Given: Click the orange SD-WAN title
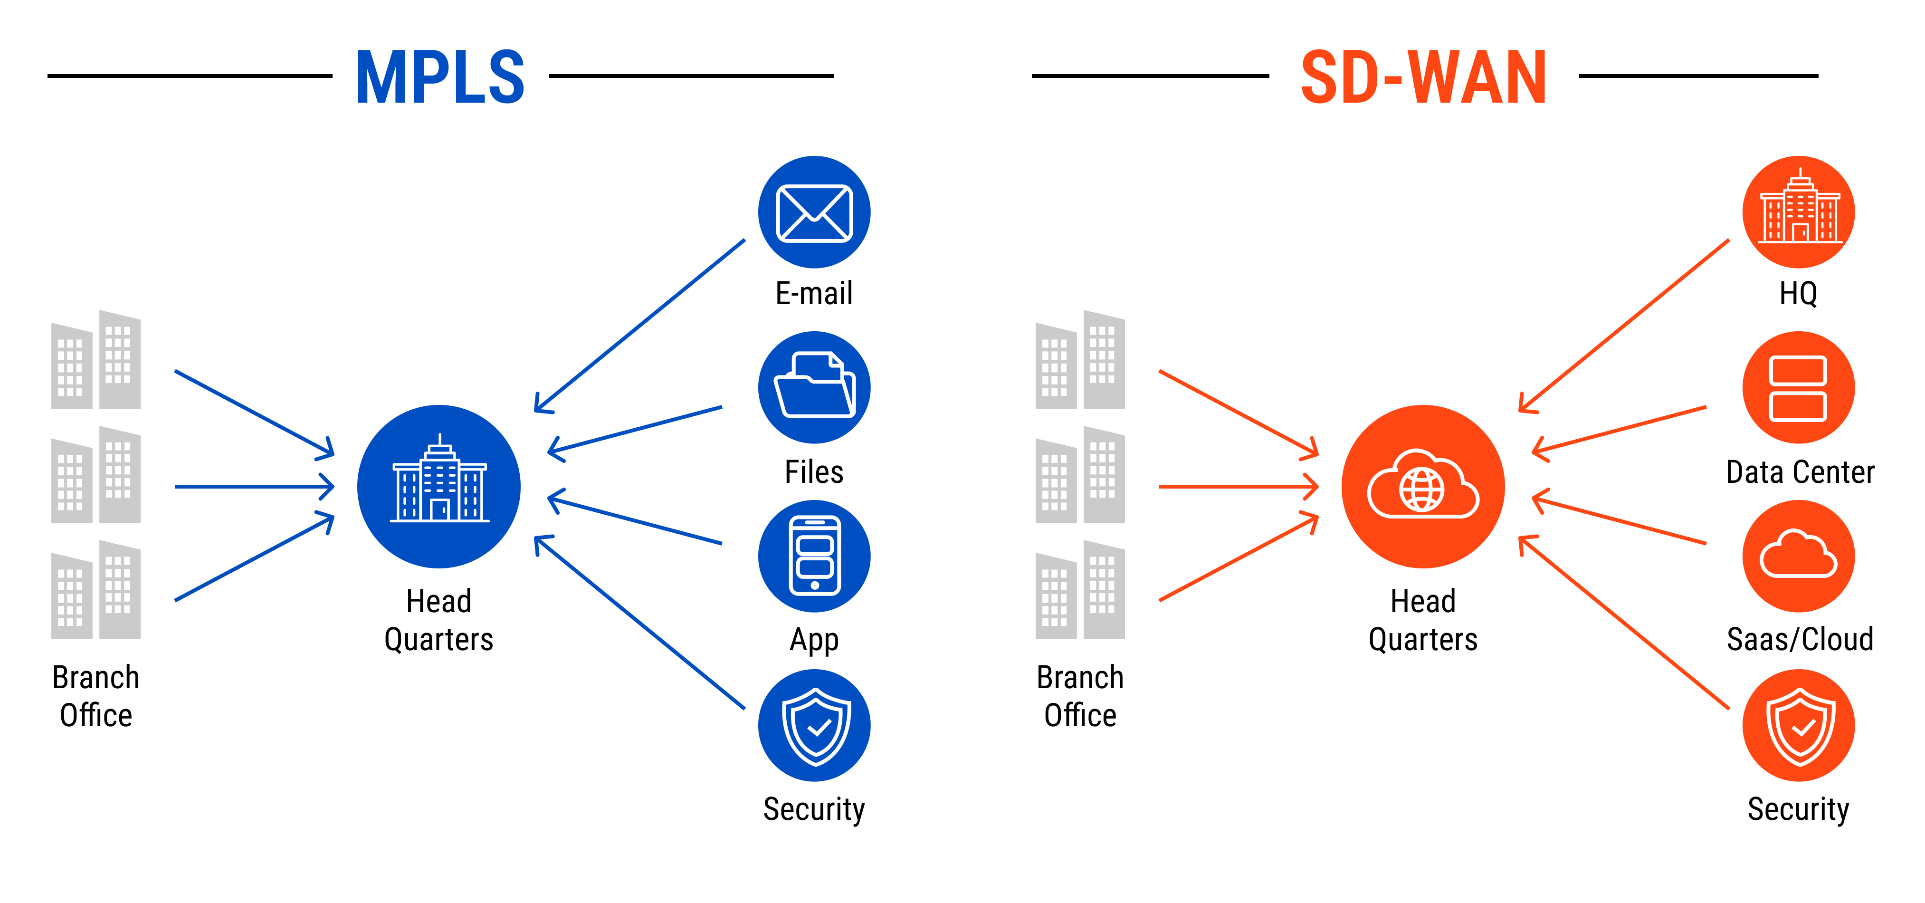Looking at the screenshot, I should pos(1424,77).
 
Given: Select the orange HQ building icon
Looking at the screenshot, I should pos(1798,212).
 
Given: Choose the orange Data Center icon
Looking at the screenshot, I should pos(1798,387).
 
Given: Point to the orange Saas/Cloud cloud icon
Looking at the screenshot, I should pos(1798,556).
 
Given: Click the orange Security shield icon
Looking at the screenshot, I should pos(1798,725).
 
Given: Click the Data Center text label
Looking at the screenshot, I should pos(1800,472).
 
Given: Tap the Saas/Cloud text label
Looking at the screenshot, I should pos(1800,640).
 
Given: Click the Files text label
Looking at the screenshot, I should pos(814,472).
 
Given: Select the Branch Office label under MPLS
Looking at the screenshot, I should pos(95,696).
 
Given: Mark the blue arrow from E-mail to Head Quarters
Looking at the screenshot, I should pos(639,326).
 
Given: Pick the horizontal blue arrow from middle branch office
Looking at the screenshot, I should pos(254,487).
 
